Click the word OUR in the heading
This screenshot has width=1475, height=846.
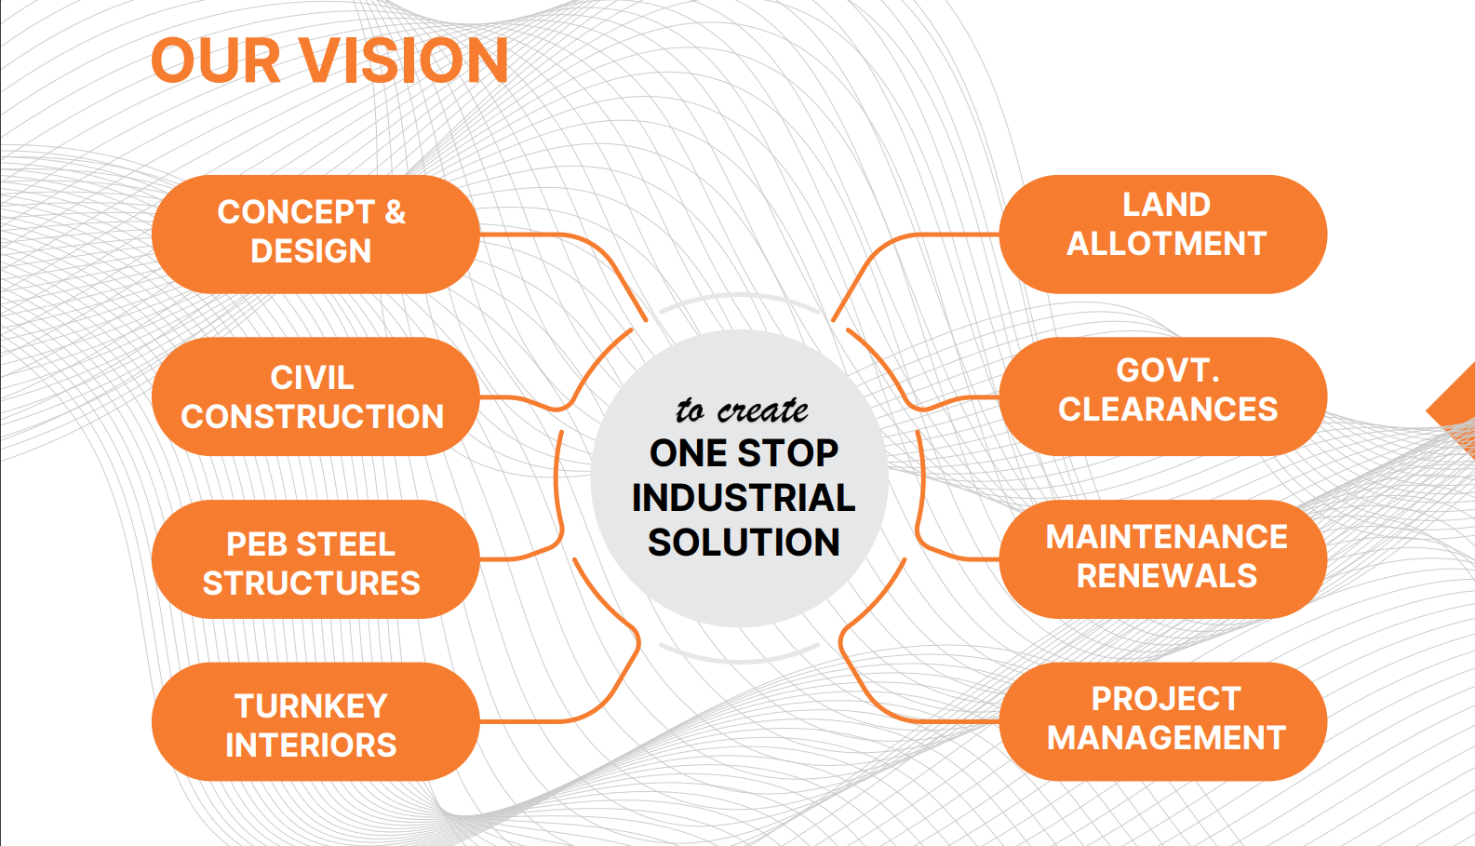coord(216,60)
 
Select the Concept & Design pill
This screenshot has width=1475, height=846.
coord(315,234)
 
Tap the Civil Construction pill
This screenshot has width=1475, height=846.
coord(315,396)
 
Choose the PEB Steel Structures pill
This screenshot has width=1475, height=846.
coord(315,559)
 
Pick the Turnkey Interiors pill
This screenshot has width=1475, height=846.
coord(315,721)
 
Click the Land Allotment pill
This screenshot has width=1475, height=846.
coord(1163,234)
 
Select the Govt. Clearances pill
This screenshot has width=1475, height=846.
coord(1163,396)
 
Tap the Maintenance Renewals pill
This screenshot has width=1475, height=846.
coord(1163,559)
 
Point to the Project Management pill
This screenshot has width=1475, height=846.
coord(1163,721)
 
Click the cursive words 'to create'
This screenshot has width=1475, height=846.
coord(742,410)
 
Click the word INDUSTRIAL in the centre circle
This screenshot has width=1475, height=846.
coord(744,497)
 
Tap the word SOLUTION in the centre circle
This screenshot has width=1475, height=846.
coord(744,542)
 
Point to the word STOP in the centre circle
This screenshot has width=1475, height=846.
coord(787,453)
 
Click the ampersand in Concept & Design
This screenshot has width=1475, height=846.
coord(396,212)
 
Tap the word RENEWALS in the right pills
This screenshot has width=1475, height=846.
coord(1167,576)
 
